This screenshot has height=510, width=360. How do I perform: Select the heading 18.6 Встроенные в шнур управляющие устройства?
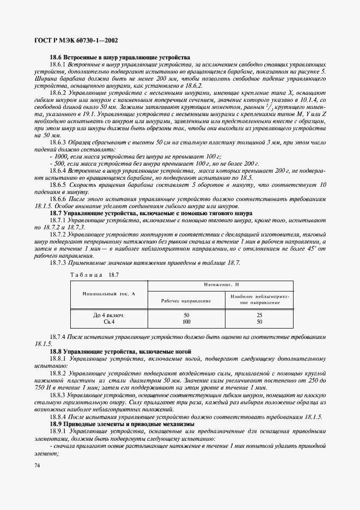click(120, 57)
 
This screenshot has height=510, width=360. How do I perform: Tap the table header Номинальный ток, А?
click(108, 294)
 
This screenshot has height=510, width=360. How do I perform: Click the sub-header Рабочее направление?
click(187, 301)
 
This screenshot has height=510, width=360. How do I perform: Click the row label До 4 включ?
click(109, 315)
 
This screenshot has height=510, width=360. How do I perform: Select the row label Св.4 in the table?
click(109, 322)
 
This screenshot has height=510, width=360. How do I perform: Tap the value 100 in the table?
click(187, 322)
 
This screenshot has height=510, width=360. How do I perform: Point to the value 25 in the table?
click(259, 315)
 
